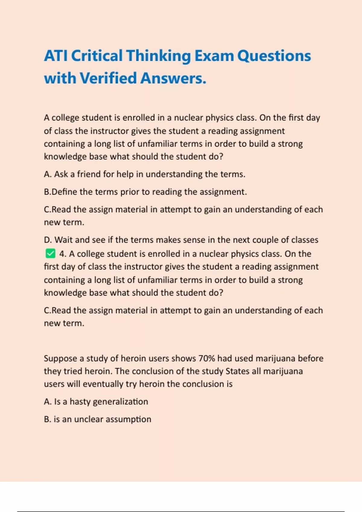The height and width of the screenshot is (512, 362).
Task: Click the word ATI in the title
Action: point(56,56)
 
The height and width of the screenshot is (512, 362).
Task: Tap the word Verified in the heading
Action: point(108,78)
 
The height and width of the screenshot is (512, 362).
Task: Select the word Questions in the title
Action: point(274,56)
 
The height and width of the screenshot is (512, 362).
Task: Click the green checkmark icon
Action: point(50,254)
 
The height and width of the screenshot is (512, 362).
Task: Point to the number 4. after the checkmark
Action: point(63,254)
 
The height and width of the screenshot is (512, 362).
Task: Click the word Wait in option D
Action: point(63,240)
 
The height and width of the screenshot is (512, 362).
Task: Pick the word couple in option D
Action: point(265,240)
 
